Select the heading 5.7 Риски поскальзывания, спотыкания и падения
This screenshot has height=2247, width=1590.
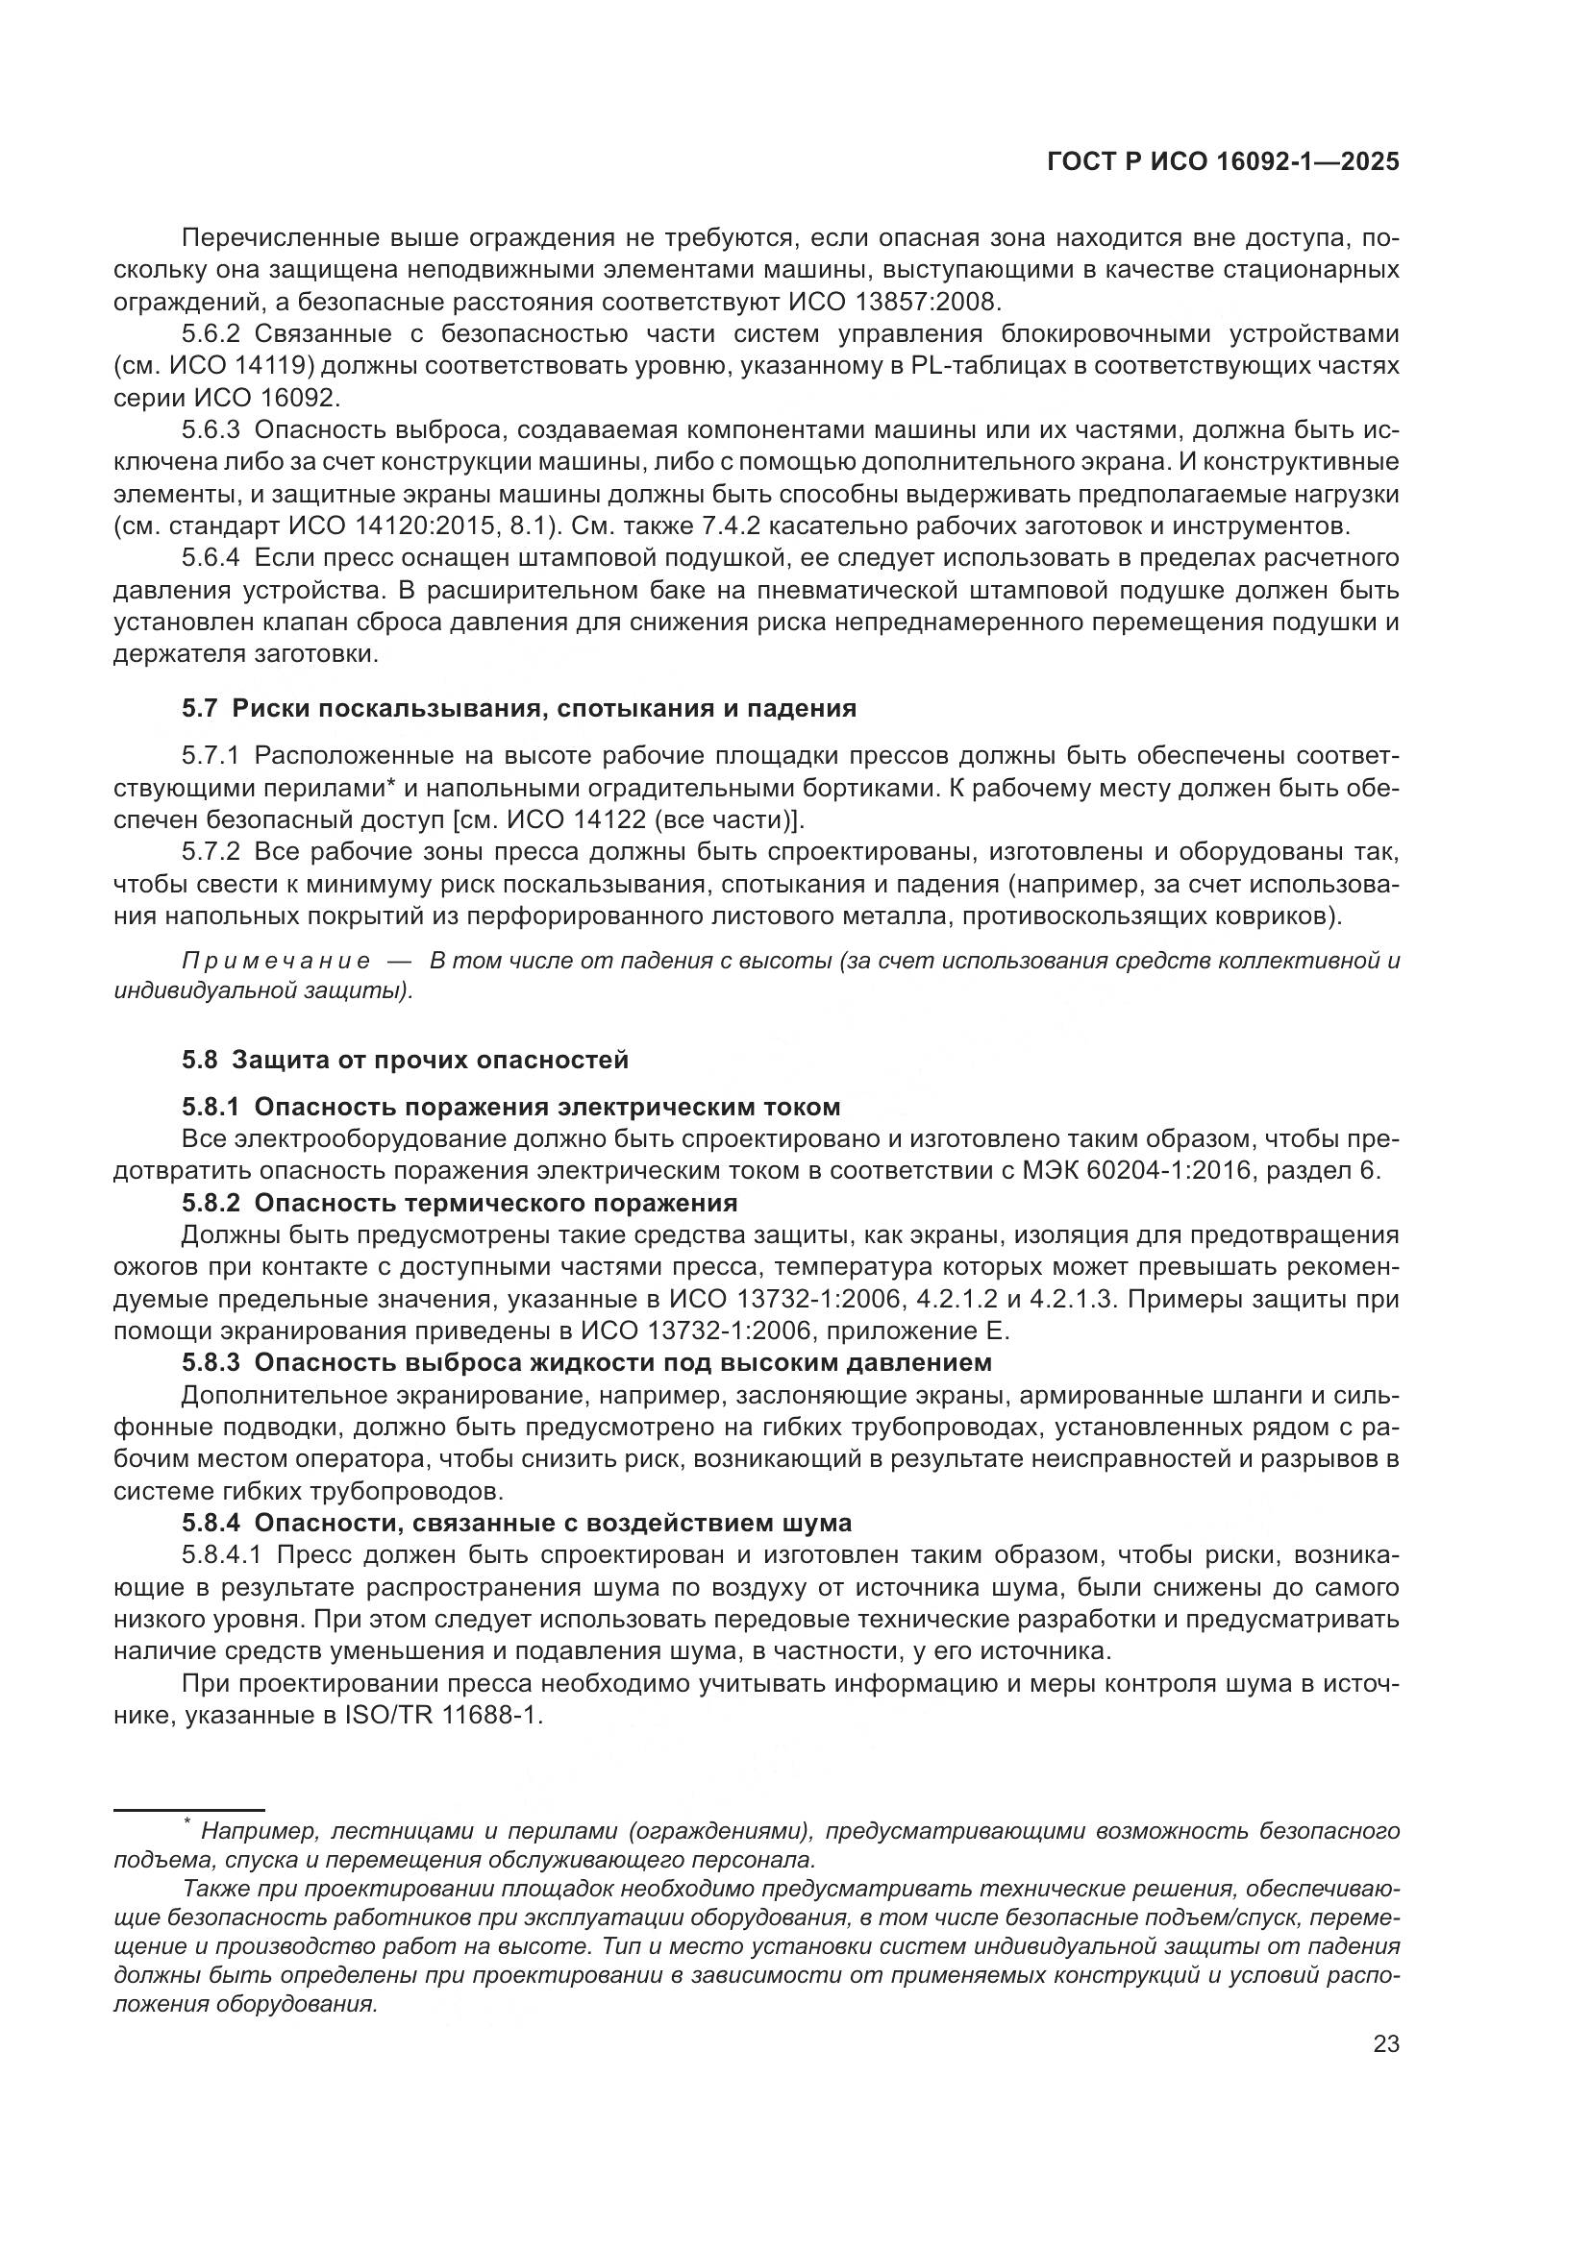(519, 708)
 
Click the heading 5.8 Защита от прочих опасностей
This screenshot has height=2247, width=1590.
(406, 1059)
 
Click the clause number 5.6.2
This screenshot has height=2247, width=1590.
(211, 333)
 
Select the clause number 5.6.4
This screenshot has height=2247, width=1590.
(211, 558)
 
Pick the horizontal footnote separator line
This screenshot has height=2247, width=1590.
(189, 1811)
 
